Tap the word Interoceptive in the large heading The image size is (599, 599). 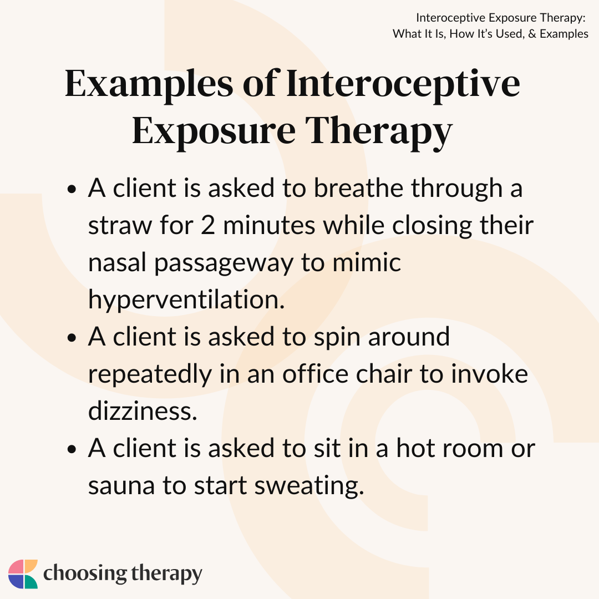(403, 84)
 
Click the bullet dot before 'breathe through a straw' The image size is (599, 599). (72, 189)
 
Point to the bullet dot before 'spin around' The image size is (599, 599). (72, 338)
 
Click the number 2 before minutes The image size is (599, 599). (207, 225)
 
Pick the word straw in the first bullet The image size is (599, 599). (120, 226)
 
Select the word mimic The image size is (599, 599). (367, 262)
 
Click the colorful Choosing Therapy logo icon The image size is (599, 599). (23, 574)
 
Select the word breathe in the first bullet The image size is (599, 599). (358, 189)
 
